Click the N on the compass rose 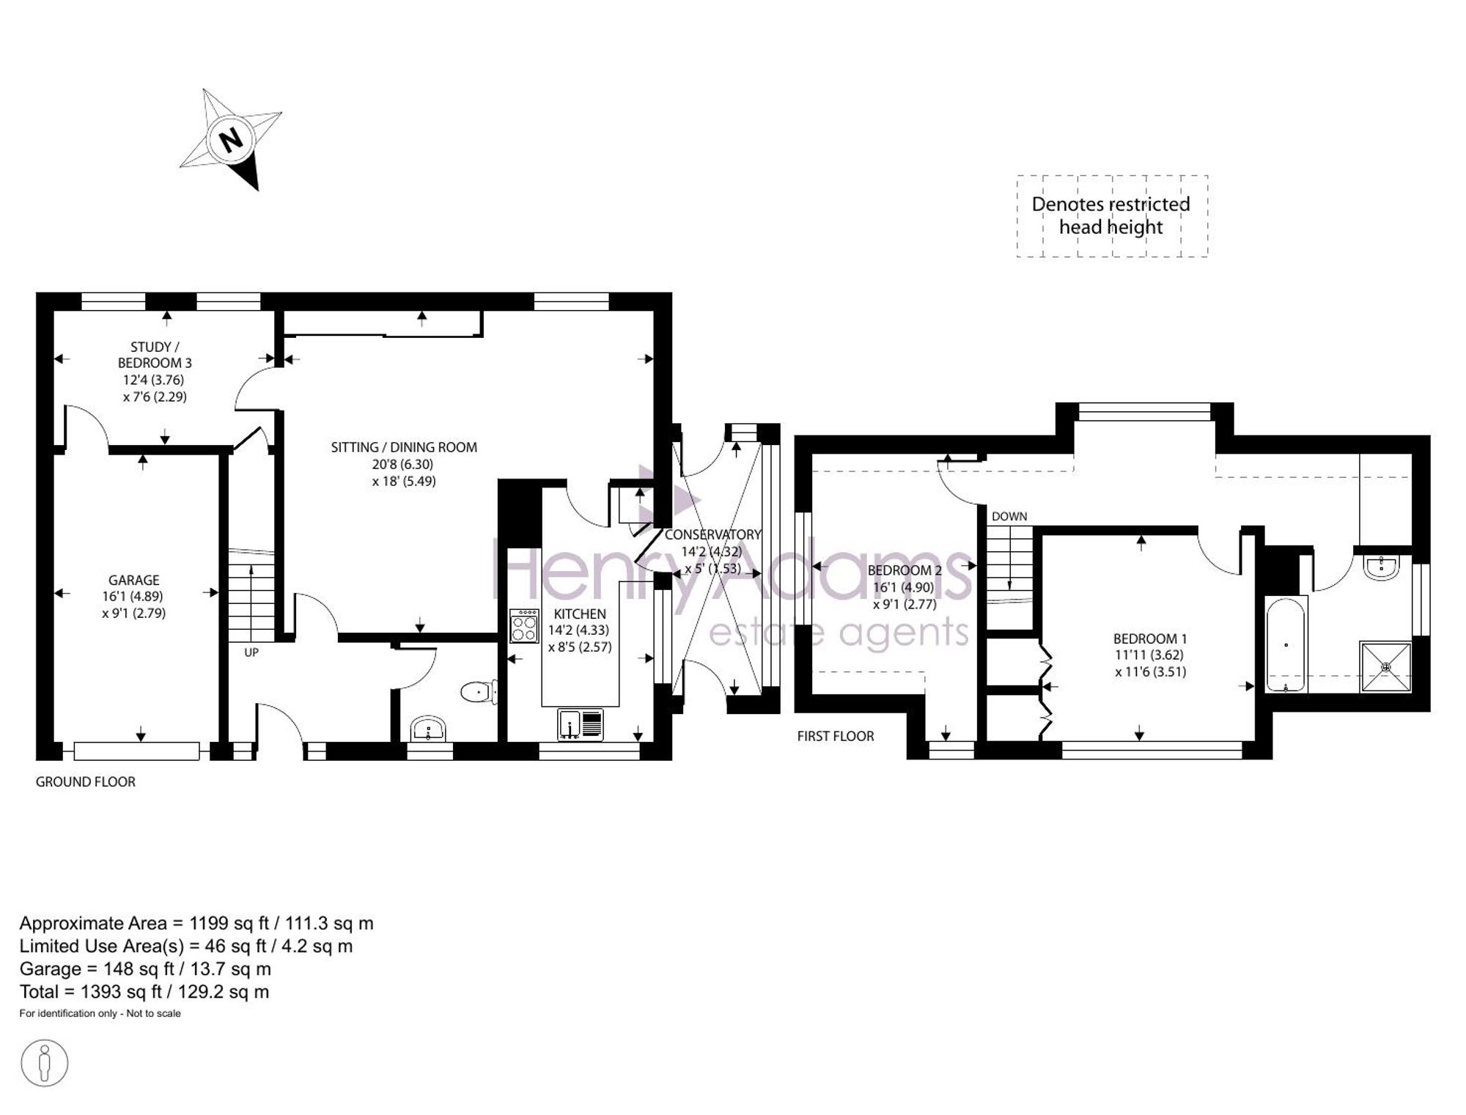pos(232,139)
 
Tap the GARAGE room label pos(134,580)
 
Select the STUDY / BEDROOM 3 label pos(155,355)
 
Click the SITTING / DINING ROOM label pos(404,447)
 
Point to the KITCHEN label pos(580,614)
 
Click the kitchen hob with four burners pos(525,626)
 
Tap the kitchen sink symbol pos(580,724)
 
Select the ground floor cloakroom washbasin pos(428,729)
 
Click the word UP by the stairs pos(251,652)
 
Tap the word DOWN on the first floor pos(1009,516)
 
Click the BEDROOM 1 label pos(1150,639)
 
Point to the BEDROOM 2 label pos(905,570)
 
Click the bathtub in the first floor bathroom pos(1286,644)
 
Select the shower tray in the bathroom pos(1385,666)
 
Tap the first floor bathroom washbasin pos(1382,567)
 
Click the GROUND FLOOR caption pos(86,781)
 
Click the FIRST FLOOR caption pos(836,736)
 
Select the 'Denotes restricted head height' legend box pos(1112,216)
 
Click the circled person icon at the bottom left pos(45,1063)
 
